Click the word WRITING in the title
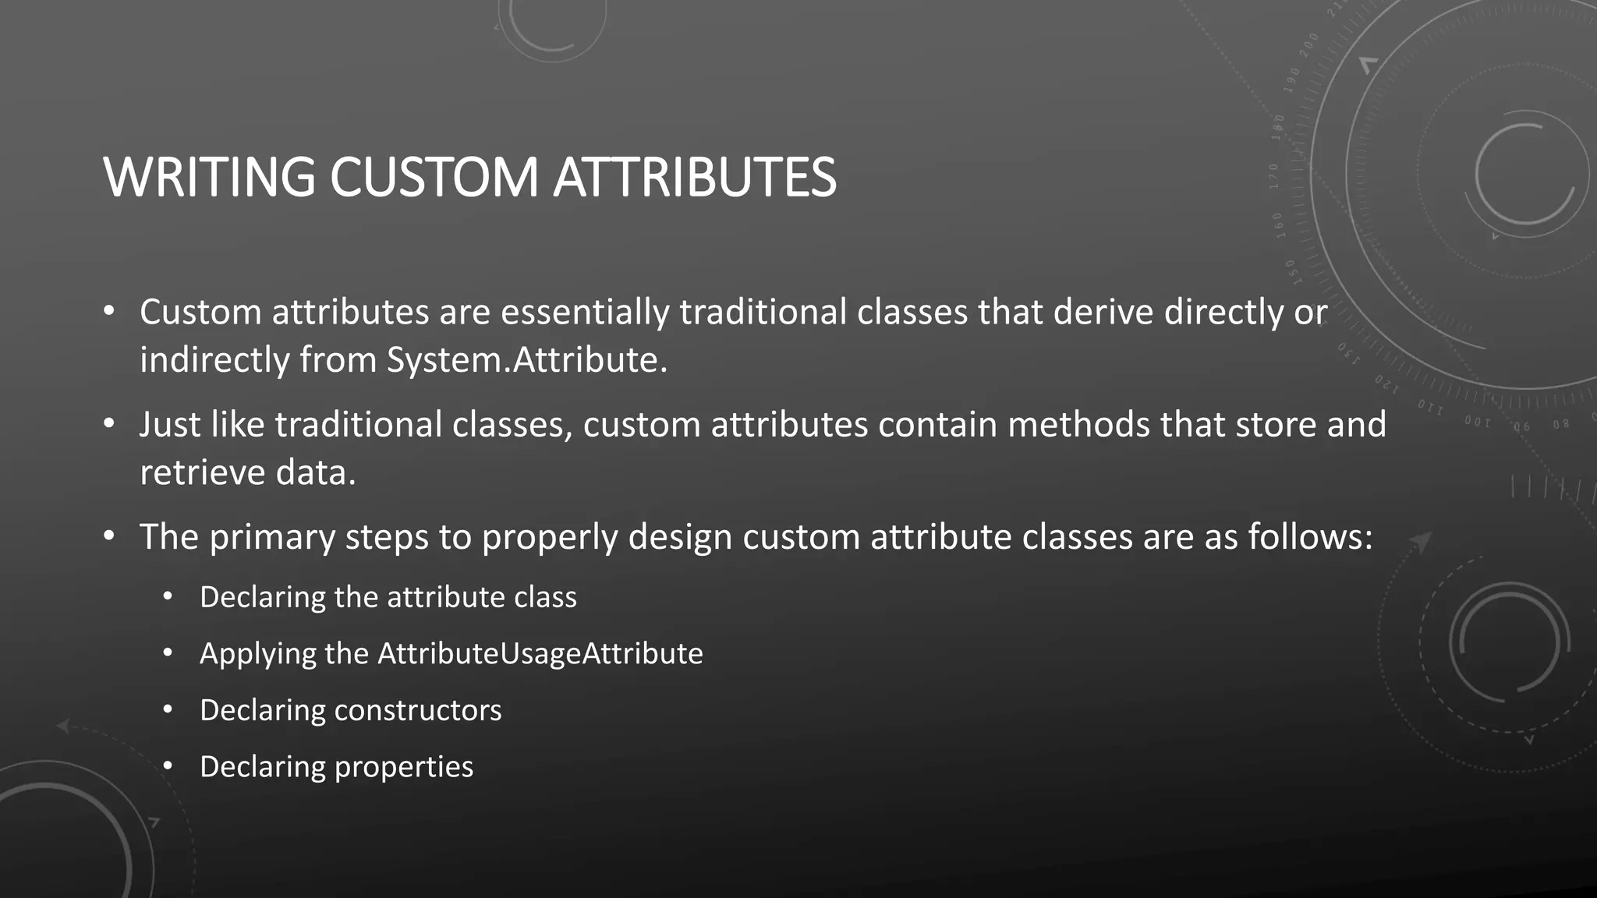[209, 178]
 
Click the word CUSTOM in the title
[434, 178]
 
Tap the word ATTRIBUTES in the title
[694, 178]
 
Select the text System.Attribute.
[527, 360]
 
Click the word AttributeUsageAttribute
[540, 653]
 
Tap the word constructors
[417, 710]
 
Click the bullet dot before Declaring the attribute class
[167, 597]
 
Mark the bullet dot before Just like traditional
[109, 425]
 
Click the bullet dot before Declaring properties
[167, 767]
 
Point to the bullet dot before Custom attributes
[109, 313]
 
